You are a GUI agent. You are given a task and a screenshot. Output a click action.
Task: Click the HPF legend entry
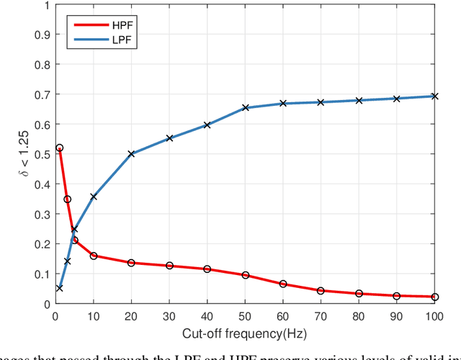click(x=94, y=24)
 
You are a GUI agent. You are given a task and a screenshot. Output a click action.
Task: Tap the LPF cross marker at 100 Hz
click(x=434, y=96)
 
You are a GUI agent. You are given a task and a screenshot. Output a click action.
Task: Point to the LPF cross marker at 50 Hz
click(x=245, y=108)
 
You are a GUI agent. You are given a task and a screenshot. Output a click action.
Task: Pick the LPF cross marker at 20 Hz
click(x=131, y=153)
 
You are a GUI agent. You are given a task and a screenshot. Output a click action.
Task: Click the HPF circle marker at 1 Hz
click(x=59, y=148)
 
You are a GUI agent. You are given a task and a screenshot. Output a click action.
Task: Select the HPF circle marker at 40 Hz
click(x=207, y=269)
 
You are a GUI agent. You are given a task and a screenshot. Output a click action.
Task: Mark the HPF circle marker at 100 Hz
click(x=434, y=297)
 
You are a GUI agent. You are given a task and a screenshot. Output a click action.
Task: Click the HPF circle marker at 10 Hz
click(x=93, y=256)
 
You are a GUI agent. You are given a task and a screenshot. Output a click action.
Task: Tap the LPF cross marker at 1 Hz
click(x=59, y=288)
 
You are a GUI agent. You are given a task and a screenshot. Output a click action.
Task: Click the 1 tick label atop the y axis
click(x=47, y=5)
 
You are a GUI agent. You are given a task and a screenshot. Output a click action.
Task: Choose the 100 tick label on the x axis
click(x=434, y=315)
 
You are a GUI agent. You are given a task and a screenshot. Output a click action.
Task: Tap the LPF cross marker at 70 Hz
click(x=321, y=102)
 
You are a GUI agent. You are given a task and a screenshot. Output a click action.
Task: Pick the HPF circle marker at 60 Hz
click(x=283, y=284)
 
